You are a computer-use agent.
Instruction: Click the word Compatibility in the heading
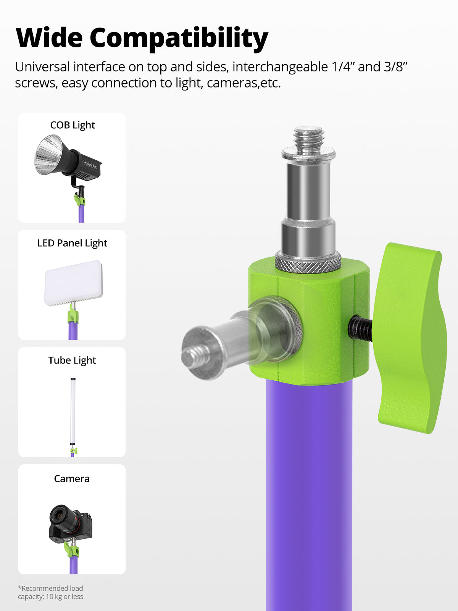[179, 39]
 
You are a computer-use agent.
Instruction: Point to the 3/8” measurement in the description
[396, 67]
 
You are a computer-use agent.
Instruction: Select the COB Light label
[73, 125]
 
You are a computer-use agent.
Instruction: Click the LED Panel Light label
[72, 243]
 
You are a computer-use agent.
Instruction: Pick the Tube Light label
[72, 360]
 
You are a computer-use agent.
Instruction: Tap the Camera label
[72, 478]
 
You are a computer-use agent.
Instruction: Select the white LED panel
[73, 283]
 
